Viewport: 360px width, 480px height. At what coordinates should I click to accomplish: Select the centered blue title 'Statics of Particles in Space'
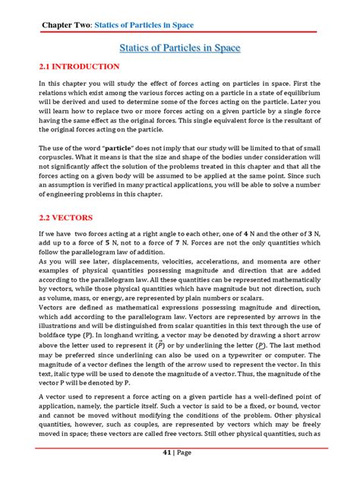(180, 49)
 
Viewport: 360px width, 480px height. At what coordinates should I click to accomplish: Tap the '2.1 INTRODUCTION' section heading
(79, 68)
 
